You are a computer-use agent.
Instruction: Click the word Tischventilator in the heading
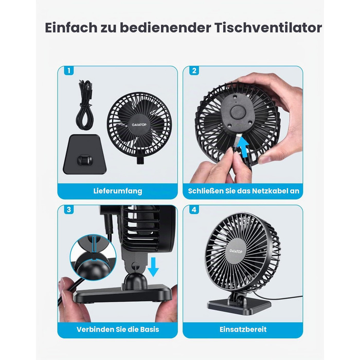pos(268,28)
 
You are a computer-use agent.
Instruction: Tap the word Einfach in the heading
pos(71,28)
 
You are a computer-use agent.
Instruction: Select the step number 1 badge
pos(69,70)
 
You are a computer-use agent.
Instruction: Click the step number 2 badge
pos(194,70)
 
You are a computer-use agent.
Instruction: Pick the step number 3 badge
pos(69,210)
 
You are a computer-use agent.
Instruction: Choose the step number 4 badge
pos(194,210)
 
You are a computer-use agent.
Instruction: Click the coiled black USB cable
pos(84,105)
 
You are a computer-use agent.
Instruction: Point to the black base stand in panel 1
pos(84,154)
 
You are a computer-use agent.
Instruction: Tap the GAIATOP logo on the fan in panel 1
pos(139,124)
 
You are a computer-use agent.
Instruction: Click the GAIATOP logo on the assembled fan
pos(236,251)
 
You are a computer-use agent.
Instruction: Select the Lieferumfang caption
pos(118,191)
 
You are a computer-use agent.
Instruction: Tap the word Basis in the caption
pos(150,330)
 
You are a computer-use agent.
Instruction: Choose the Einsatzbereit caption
pos(243,330)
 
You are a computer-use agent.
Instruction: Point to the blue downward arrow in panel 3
pos(153,267)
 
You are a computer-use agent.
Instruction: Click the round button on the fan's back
pos(238,113)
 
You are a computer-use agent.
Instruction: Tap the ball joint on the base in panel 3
pos(135,281)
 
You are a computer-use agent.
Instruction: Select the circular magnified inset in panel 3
pos(93,257)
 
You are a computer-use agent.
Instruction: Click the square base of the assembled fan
pos(239,306)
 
